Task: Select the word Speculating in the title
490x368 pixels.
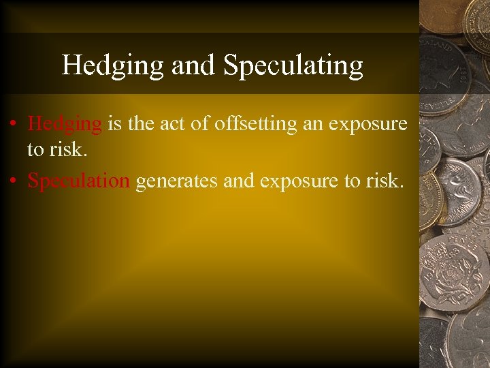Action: [x=293, y=65]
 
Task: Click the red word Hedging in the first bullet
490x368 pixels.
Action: [x=65, y=124]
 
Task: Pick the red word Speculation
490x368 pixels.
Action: [x=78, y=181]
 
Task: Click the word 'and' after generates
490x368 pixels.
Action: [x=233, y=181]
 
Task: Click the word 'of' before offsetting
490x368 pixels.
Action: [x=202, y=124]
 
